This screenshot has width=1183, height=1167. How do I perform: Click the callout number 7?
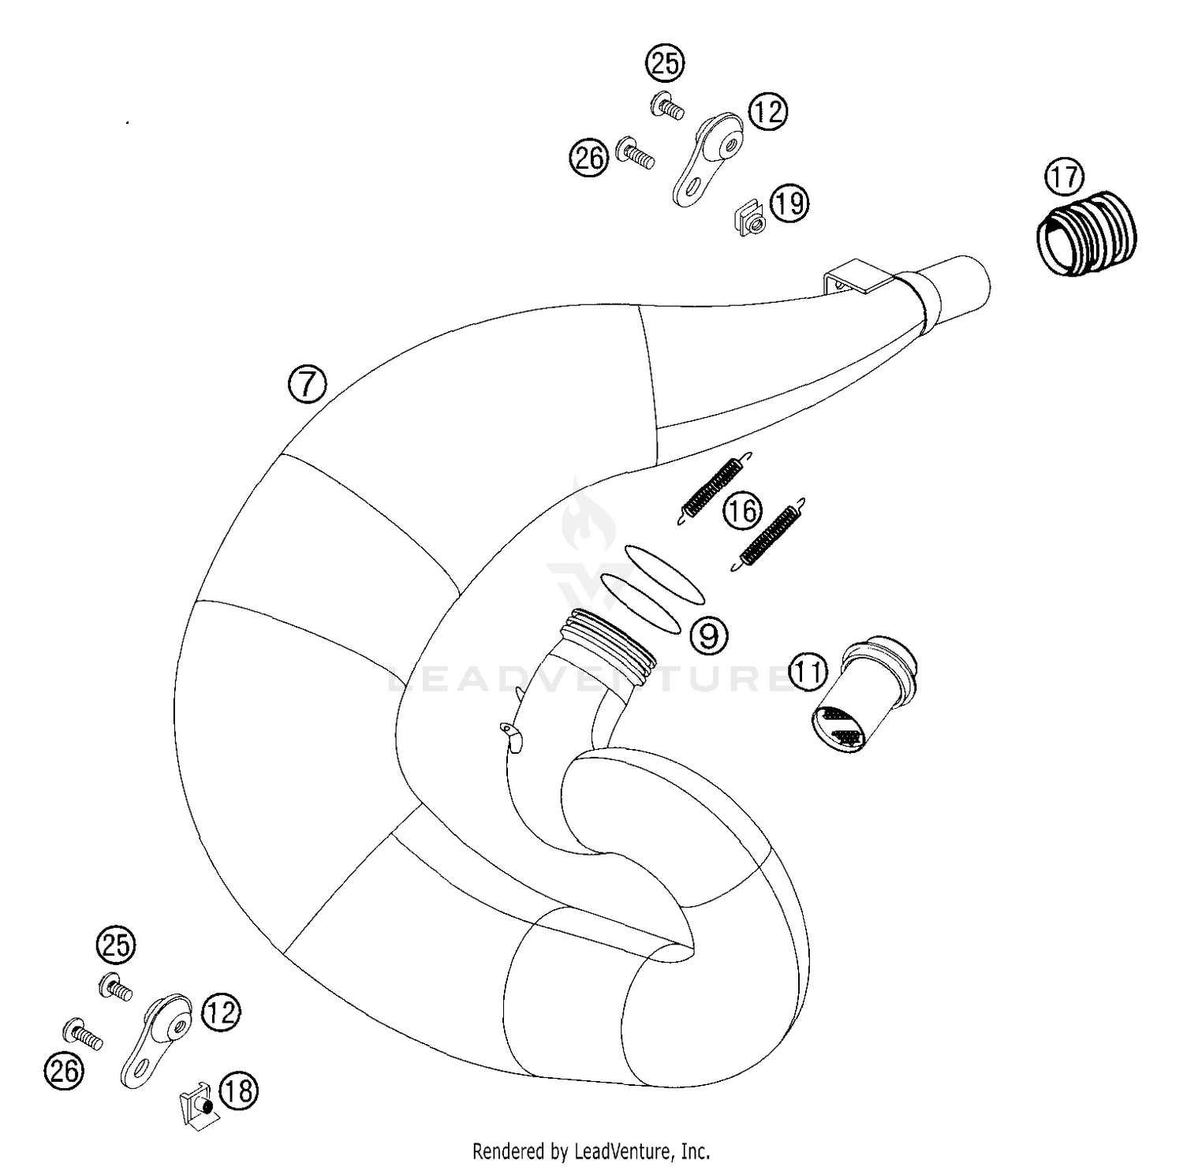[x=307, y=385]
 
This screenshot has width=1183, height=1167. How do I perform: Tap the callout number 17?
[x=1064, y=177]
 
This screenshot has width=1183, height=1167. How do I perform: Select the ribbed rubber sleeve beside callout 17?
[x=1087, y=234]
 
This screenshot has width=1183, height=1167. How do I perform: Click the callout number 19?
[x=789, y=203]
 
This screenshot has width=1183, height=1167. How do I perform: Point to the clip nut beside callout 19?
[x=750, y=219]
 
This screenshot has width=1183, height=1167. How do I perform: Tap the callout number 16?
[x=742, y=511]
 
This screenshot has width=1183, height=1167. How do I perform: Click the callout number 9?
[x=709, y=634]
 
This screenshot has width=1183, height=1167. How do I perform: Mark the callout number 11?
[x=808, y=672]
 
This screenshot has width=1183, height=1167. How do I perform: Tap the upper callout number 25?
[x=665, y=63]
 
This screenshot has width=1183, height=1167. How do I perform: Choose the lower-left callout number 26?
[x=64, y=1070]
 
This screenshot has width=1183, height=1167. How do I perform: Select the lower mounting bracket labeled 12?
[x=156, y=1040]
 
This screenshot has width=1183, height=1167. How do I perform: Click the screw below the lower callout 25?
[x=116, y=987]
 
